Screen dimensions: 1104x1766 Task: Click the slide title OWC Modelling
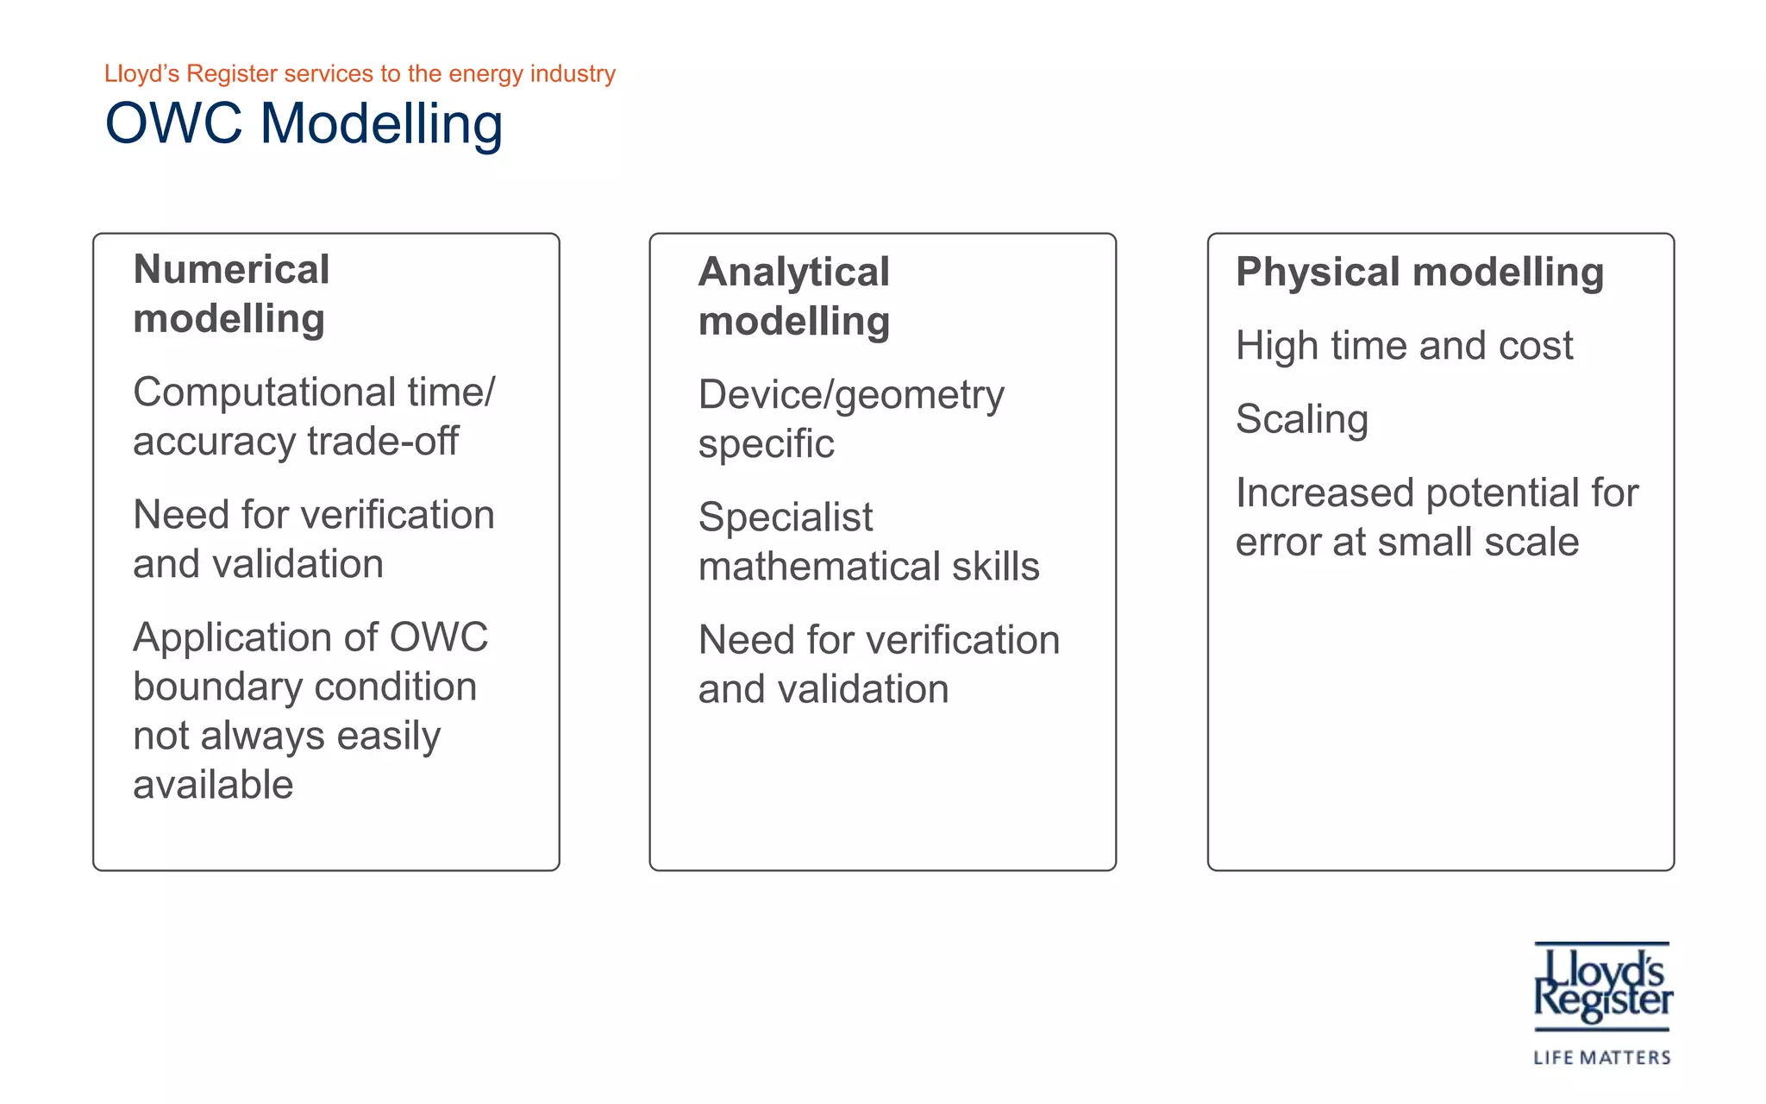304,123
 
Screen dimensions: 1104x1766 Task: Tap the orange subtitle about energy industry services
360,74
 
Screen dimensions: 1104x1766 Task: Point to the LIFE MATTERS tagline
1602,1057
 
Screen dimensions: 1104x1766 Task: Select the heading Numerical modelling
231,294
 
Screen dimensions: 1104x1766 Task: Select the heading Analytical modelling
793,297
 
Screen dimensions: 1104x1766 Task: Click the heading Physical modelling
1419,272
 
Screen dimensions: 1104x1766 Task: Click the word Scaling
1302,420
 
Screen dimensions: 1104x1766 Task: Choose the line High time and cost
1404,346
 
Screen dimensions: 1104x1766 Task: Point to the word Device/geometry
851,396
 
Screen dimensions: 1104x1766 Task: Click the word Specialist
786,517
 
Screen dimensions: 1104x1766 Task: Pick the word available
213,785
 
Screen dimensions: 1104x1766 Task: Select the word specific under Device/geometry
766,445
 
